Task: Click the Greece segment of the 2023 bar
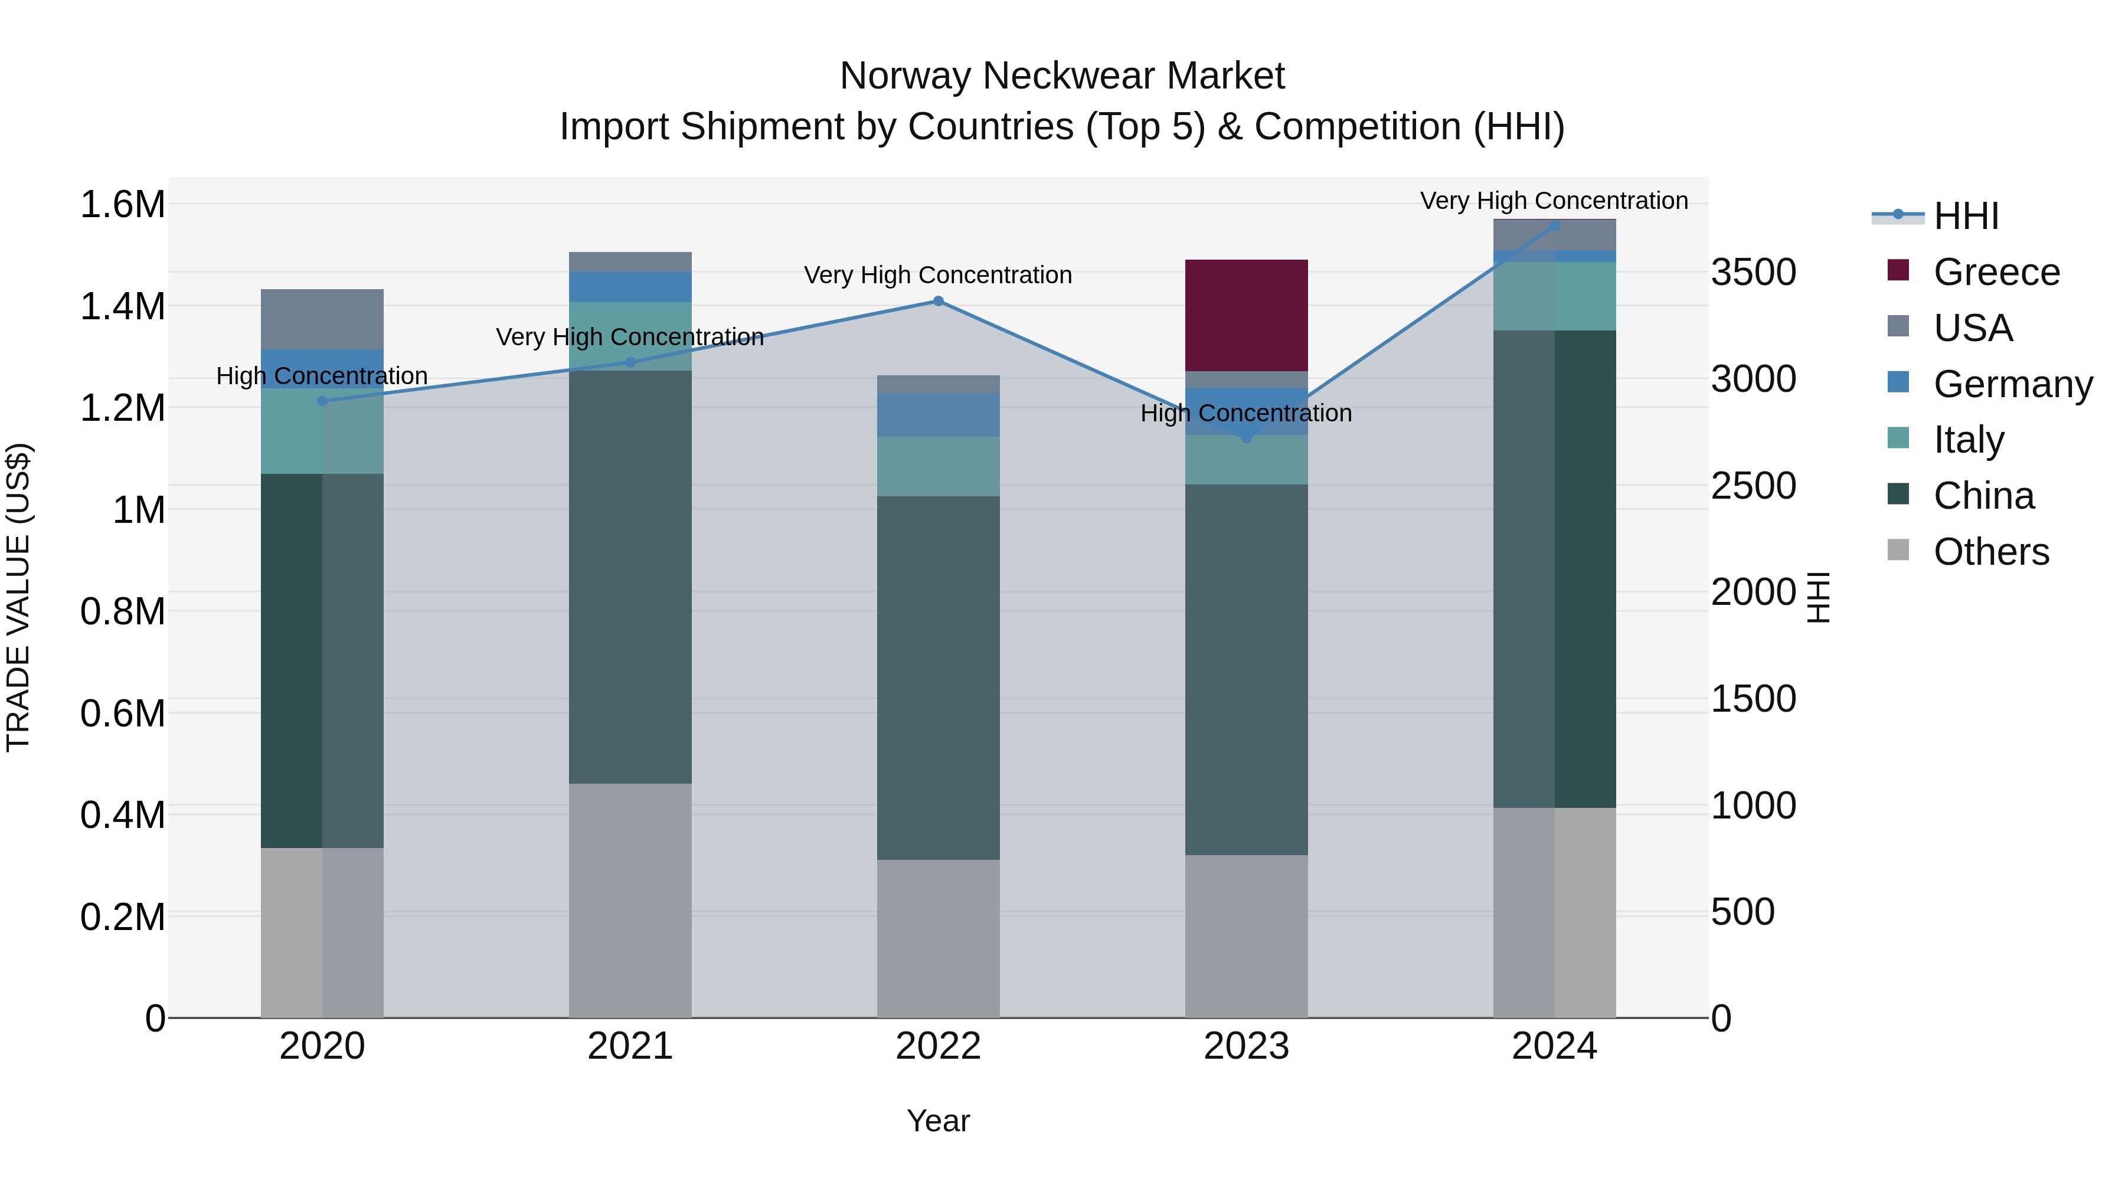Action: click(1245, 315)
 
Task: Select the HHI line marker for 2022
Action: click(938, 301)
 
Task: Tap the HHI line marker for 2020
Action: click(322, 401)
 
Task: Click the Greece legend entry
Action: click(1996, 272)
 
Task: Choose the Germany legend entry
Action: click(2012, 384)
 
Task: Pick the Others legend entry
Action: click(1990, 552)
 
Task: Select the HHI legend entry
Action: click(1965, 216)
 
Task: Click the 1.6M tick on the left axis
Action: click(123, 205)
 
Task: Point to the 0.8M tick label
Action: click(123, 612)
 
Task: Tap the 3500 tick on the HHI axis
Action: click(1753, 272)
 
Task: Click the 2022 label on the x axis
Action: click(938, 1046)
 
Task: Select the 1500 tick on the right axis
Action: click(1753, 699)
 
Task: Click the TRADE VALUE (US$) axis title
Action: click(18, 597)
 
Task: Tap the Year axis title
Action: click(938, 1121)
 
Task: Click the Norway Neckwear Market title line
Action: click(1062, 76)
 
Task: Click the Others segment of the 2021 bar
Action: click(630, 900)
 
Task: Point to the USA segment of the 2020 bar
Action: click(322, 319)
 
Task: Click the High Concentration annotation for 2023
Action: click(1245, 413)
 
